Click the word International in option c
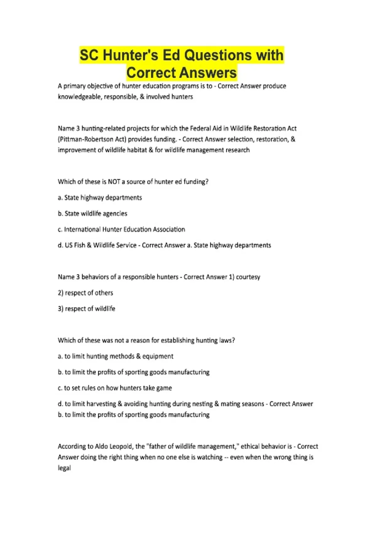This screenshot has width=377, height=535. coord(82,229)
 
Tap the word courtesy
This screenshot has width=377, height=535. coord(248,277)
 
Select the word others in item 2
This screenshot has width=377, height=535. coord(104,293)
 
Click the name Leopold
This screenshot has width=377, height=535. coord(122,446)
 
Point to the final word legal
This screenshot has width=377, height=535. coord(64,468)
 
